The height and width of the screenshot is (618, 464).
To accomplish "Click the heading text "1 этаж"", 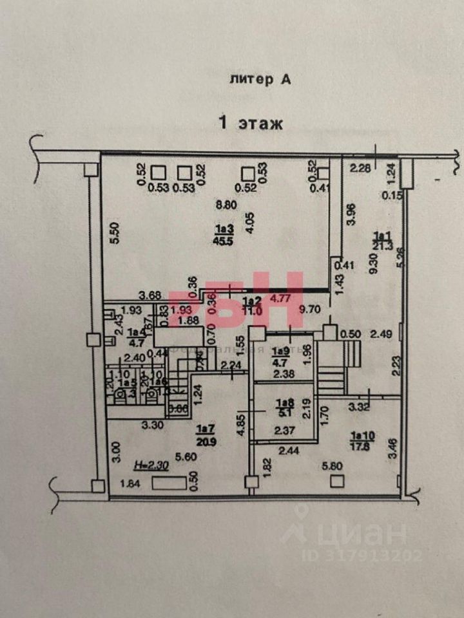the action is [x=251, y=123].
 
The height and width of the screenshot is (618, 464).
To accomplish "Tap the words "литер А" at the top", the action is [x=260, y=80].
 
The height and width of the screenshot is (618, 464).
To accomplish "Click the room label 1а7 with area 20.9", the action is [x=206, y=431].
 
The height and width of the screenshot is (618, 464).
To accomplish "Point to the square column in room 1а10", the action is [x=334, y=481].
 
